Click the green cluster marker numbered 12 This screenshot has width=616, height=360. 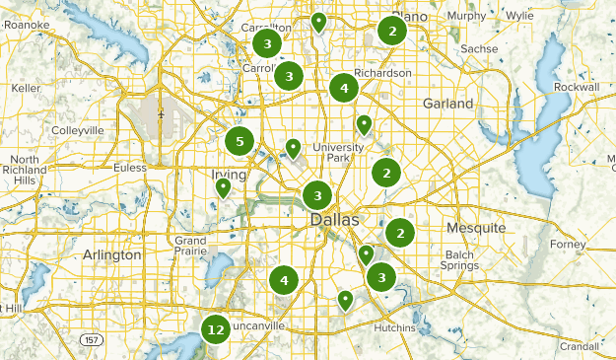216,329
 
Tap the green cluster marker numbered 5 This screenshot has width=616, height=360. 239,141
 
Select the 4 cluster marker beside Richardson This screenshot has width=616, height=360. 343,88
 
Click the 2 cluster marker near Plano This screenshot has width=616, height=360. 392,31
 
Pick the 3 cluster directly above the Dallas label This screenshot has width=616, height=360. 316,194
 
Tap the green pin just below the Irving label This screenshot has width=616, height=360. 224,186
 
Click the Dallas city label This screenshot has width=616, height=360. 335,220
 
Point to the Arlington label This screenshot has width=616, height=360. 112,254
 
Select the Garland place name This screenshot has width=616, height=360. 447,104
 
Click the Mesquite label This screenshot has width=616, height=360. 475,228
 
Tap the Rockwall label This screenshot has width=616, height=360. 577,88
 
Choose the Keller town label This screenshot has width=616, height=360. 25,88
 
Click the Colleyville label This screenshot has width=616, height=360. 77,130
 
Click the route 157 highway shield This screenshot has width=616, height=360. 90,339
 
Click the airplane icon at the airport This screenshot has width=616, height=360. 161,114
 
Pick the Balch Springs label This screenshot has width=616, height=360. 459,260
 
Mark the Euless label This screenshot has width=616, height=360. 130,168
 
